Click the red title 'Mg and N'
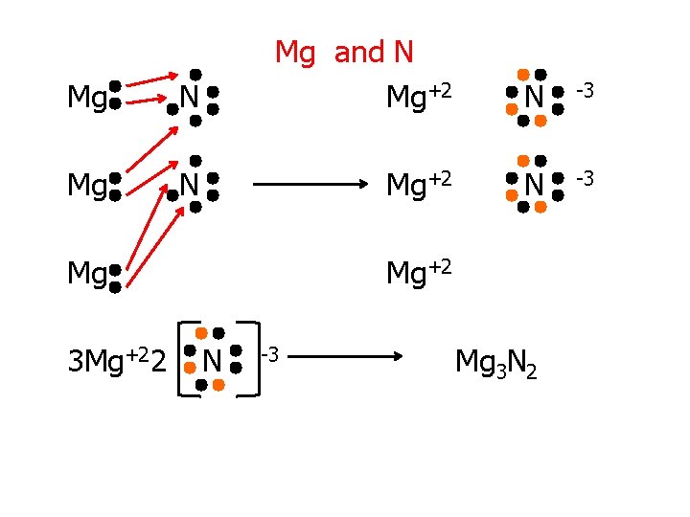(344, 52)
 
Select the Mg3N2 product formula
(495, 363)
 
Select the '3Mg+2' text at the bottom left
(106, 362)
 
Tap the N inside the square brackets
(212, 362)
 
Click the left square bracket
(187, 358)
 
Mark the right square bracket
(251, 358)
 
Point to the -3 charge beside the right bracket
(270, 356)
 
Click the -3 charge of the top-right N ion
(585, 90)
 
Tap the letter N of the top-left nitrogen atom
(190, 97)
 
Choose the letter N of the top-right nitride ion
(534, 97)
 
